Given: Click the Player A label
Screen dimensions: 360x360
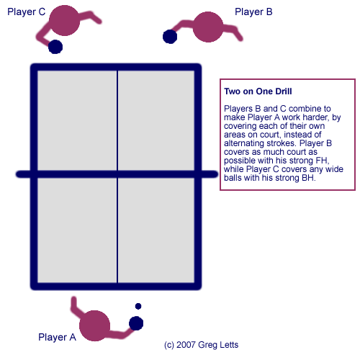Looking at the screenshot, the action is [x=57, y=337].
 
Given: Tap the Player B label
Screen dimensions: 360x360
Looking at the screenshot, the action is [x=253, y=12].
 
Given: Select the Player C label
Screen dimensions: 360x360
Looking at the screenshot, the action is [x=27, y=12].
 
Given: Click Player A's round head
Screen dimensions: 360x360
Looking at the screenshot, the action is [x=94, y=325].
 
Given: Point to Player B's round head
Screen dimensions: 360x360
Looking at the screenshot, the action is [x=208, y=27].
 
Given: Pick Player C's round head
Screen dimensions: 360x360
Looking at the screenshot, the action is [x=64, y=20].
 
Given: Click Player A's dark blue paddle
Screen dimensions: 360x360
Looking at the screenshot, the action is [x=136, y=323].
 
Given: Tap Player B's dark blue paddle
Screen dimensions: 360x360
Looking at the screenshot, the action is [x=170, y=37].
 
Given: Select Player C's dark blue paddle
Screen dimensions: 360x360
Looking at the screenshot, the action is [x=55, y=47].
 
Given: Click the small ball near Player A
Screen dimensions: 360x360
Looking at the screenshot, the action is [x=138, y=306].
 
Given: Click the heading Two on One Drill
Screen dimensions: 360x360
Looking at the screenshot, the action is [x=258, y=91].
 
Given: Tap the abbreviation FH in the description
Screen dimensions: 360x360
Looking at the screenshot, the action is [x=322, y=161].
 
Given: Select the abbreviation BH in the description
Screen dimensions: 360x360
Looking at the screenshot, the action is [x=308, y=178].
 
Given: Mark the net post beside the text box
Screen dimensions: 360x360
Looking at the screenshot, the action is [x=208, y=174].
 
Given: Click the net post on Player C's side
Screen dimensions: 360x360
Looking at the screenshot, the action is [x=24, y=174].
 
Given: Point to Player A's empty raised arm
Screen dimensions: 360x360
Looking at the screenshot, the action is [x=77, y=308].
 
